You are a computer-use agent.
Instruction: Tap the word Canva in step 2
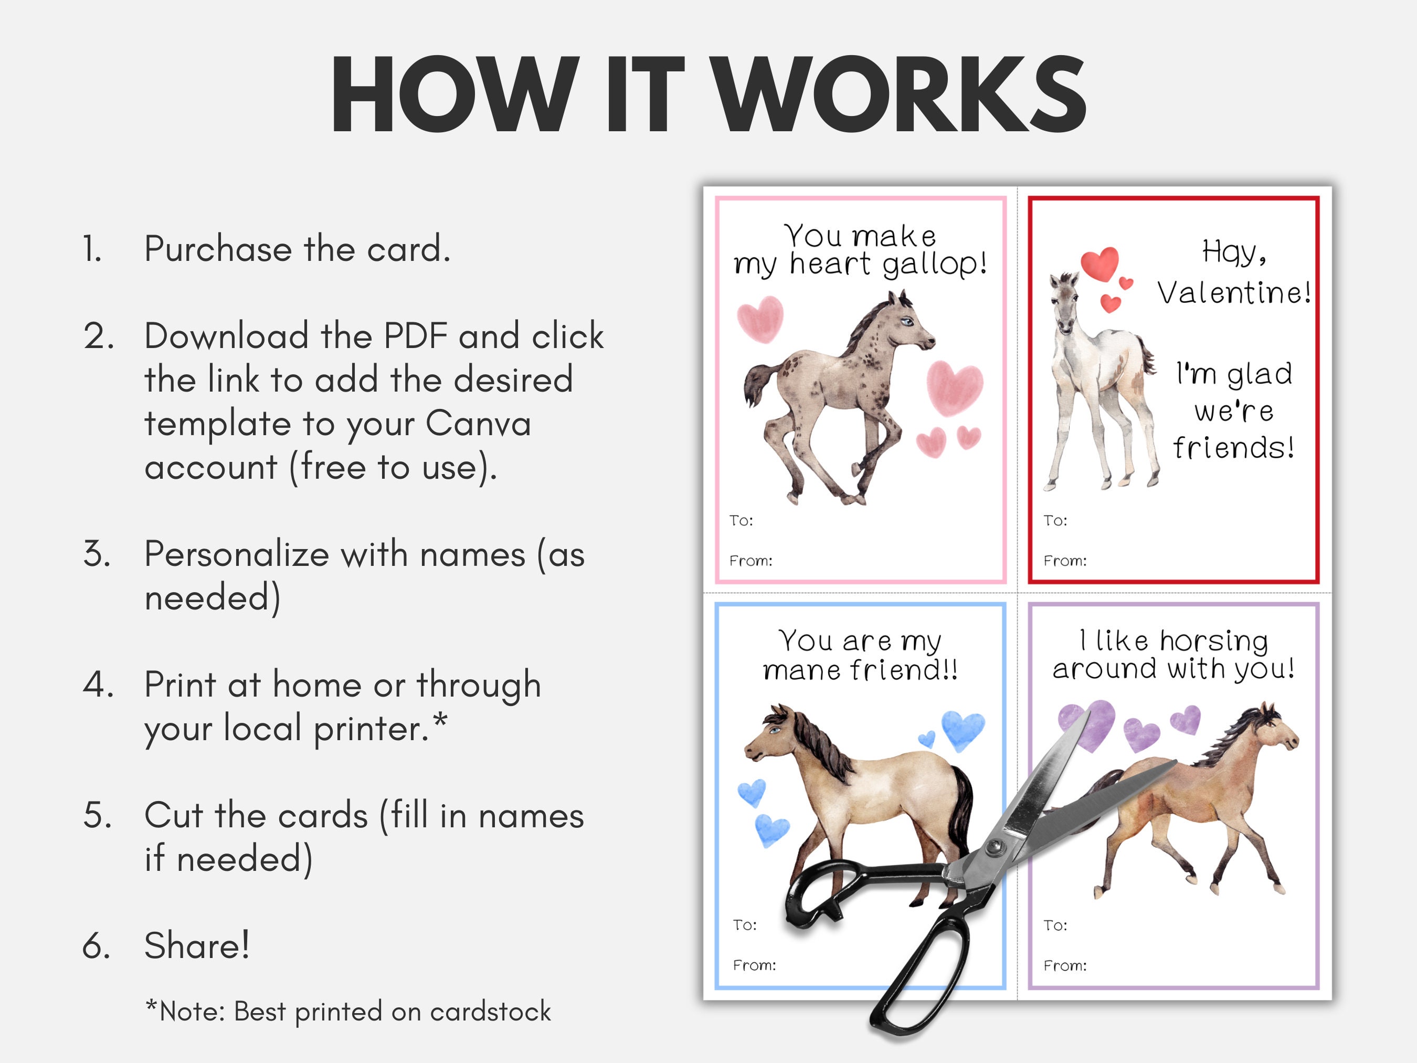pyautogui.click(x=478, y=424)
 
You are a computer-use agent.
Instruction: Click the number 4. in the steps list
pyautogui.click(x=98, y=685)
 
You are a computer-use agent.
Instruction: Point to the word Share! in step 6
pyautogui.click(x=197, y=945)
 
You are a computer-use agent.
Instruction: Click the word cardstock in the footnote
pyautogui.click(x=490, y=1012)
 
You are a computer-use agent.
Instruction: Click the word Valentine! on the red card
pyautogui.click(x=1234, y=293)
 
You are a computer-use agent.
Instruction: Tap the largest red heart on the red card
pyautogui.click(x=1099, y=264)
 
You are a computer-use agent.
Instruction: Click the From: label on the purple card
pyautogui.click(x=1065, y=965)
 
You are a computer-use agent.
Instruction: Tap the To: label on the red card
pyautogui.click(x=1055, y=520)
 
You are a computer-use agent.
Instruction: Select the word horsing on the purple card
pyautogui.click(x=1213, y=641)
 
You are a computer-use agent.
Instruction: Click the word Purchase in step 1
pyautogui.click(x=217, y=249)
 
